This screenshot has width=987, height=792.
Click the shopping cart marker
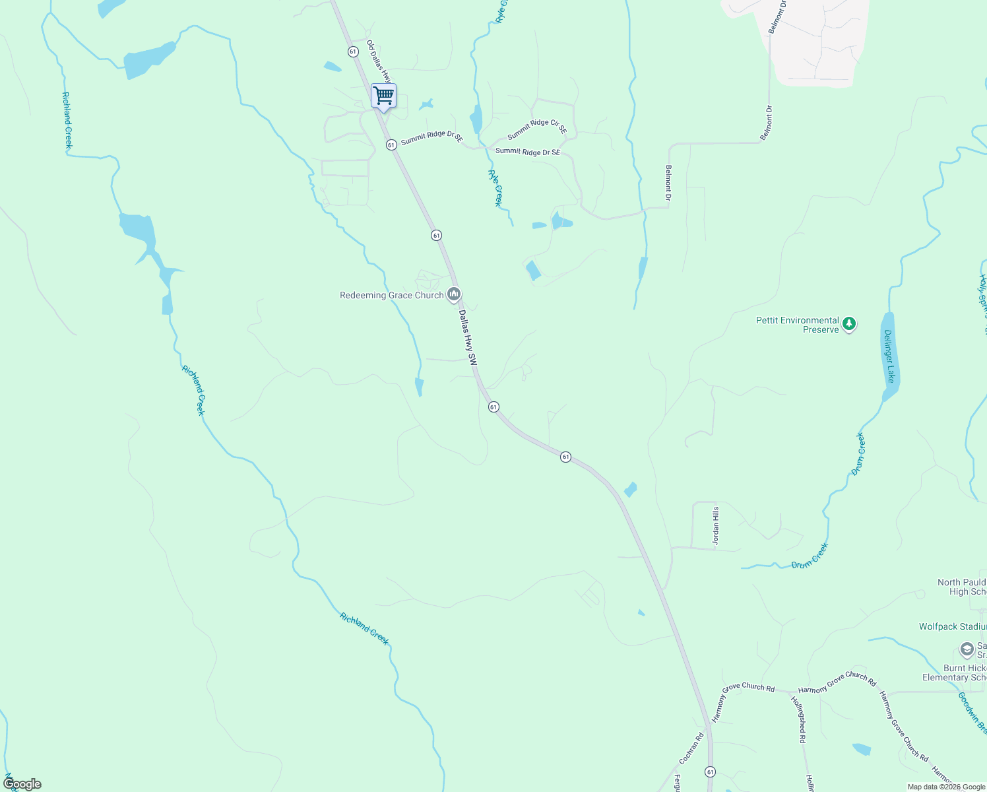click(383, 96)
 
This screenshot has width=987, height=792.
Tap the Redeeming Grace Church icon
click(453, 295)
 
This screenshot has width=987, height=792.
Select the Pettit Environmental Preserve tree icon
click(850, 324)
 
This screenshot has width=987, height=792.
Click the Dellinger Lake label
click(889, 356)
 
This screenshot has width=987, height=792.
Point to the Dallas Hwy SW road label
click(468, 338)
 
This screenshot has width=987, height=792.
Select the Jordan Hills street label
click(715, 525)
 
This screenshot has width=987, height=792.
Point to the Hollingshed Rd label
click(798, 719)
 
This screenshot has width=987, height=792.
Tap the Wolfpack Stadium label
click(952, 626)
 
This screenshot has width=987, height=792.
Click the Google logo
click(22, 784)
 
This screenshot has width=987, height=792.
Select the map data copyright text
click(945, 787)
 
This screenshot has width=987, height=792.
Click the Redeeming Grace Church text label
click(392, 296)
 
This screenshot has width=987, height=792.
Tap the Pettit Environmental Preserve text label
click(798, 325)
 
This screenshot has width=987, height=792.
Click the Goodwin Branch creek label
click(972, 713)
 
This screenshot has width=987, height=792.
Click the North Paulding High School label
click(962, 587)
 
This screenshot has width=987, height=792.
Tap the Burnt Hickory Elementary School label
click(954, 673)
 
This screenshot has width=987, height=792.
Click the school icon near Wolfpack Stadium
click(967, 649)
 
